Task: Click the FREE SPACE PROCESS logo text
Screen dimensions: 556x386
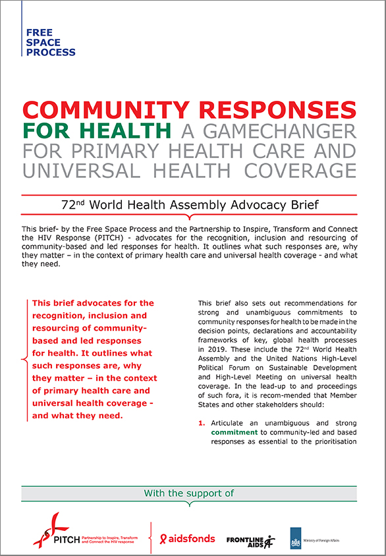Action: click(x=50, y=42)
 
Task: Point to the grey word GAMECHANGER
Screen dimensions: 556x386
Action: click(x=277, y=130)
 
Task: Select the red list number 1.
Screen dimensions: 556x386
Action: click(x=201, y=422)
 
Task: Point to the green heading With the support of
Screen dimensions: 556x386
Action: click(x=189, y=493)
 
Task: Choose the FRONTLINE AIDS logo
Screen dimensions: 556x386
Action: click(x=250, y=540)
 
